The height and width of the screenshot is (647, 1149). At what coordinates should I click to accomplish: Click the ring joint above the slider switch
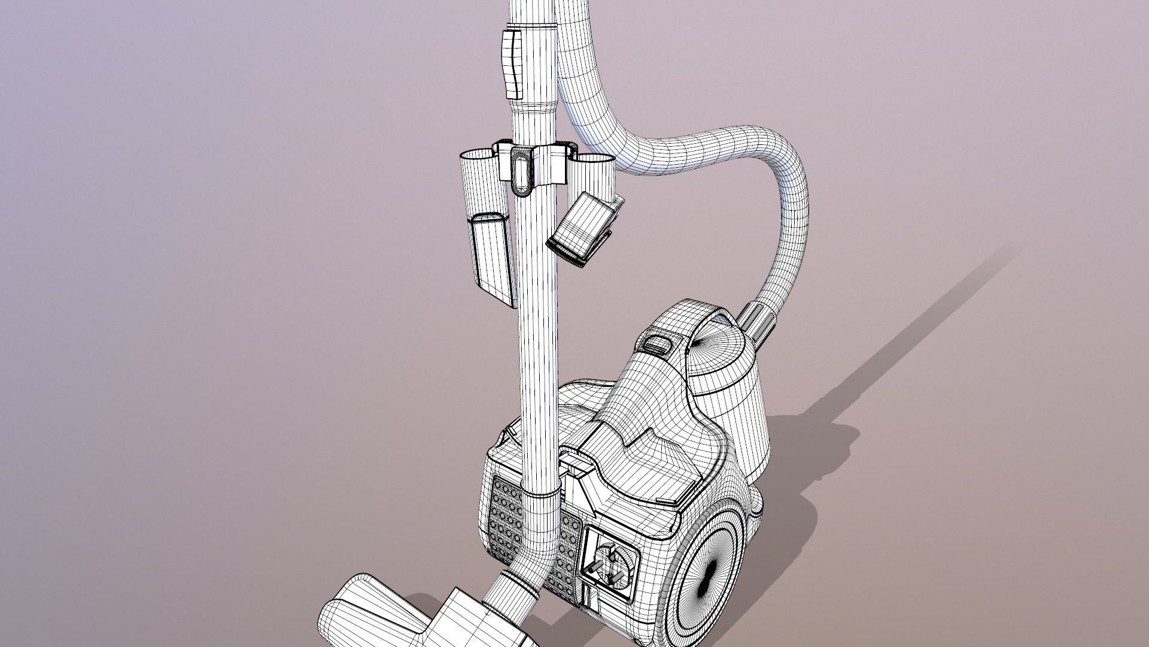click(531, 27)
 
